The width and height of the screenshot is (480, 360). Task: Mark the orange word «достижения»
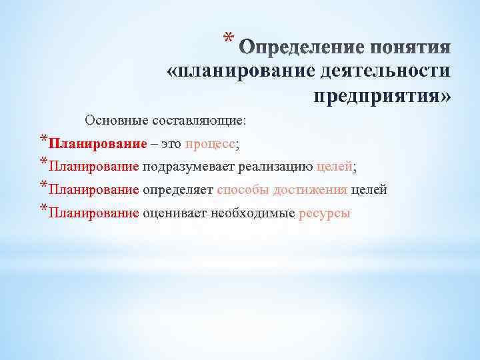(311, 190)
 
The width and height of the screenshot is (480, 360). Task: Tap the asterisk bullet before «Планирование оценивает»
(43, 211)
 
